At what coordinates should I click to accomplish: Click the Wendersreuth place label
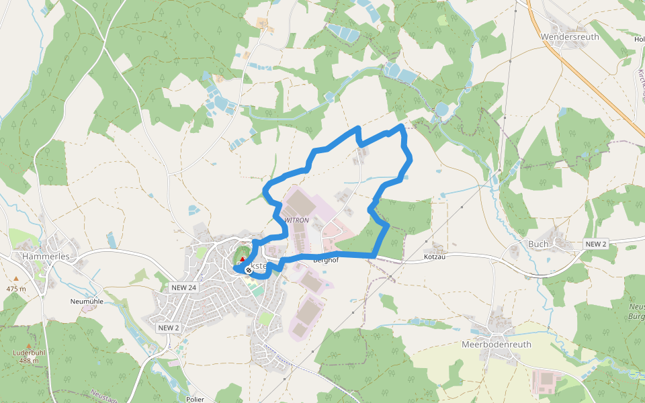click(569, 37)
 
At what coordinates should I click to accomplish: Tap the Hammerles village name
click(46, 257)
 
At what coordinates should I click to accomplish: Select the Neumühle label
click(86, 302)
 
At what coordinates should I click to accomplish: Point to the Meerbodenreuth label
click(497, 345)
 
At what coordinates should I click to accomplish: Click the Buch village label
click(538, 244)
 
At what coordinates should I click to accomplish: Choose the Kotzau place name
click(436, 257)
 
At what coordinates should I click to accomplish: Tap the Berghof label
click(325, 260)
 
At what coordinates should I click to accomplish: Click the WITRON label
click(296, 220)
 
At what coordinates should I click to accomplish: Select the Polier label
click(196, 399)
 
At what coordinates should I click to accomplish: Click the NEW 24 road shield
click(183, 287)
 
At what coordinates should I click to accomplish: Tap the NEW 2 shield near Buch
click(595, 244)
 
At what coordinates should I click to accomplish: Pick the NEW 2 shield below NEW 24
click(169, 327)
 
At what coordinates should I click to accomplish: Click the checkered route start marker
click(249, 270)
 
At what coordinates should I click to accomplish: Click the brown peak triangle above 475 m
click(17, 278)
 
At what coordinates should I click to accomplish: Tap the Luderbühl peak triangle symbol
click(28, 345)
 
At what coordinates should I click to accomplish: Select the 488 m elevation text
click(28, 361)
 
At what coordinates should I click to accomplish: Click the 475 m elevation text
click(16, 289)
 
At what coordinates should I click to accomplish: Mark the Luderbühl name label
click(28, 353)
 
